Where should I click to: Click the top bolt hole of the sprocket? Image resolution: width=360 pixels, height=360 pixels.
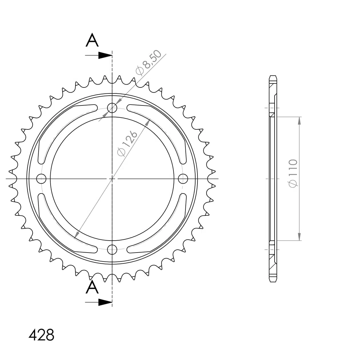coord(112,108)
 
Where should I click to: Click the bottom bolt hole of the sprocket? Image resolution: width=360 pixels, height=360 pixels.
coord(112,250)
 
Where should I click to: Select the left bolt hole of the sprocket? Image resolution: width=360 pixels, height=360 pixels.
coord(41,179)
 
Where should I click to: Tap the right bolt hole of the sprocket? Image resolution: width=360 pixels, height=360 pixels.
coord(183,179)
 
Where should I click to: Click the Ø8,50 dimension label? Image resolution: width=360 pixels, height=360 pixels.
coord(149,63)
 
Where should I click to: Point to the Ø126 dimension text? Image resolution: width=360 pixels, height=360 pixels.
coord(127,143)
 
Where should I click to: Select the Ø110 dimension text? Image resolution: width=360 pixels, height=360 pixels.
coord(293,173)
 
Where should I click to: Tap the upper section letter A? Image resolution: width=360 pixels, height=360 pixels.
coord(92,40)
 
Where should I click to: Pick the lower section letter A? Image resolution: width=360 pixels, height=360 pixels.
coord(92,287)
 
